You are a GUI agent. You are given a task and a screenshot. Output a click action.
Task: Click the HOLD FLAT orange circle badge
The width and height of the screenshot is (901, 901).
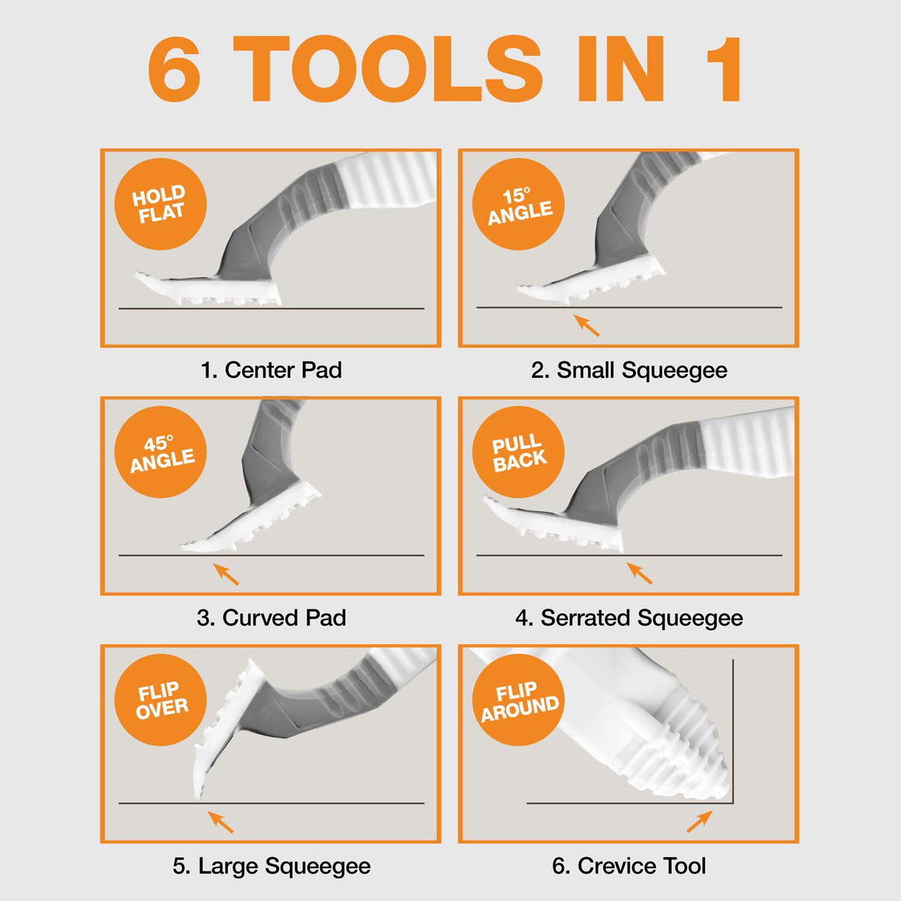160,204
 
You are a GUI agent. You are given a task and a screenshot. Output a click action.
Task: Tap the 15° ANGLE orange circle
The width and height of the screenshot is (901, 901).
519,204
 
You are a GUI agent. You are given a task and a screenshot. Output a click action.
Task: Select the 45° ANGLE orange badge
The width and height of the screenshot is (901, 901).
160,452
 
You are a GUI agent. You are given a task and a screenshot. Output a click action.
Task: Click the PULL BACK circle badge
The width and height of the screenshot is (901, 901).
519,452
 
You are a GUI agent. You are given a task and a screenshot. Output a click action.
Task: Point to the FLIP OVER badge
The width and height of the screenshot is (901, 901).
160,700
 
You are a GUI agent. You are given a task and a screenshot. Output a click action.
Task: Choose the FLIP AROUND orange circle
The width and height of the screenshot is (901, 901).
519,700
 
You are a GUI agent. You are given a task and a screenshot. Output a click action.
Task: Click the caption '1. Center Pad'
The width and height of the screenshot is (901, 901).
271,370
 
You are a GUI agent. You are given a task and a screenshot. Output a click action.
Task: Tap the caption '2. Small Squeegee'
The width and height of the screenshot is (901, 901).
629,370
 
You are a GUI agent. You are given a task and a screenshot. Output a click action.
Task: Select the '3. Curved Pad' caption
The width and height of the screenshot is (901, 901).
271,617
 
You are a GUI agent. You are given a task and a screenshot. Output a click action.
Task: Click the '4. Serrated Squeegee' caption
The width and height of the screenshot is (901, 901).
629,617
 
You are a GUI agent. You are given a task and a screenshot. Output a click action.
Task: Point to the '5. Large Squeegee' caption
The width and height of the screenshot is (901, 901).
271,865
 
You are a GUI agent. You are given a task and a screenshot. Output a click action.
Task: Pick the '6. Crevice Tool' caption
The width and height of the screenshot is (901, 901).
629,865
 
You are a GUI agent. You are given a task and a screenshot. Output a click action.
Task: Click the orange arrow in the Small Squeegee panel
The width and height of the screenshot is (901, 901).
587,325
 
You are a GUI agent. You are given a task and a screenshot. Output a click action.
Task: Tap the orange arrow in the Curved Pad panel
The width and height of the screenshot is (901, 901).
226,574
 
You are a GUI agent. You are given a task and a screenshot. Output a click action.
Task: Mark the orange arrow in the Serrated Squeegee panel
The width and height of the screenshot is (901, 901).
640,573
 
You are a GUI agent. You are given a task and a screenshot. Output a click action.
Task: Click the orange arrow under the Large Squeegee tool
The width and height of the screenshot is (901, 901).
220,822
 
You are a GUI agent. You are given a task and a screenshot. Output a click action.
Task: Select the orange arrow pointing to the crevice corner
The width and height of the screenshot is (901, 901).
699,821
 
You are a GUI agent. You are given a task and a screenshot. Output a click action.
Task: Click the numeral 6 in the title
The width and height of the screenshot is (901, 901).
175,69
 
